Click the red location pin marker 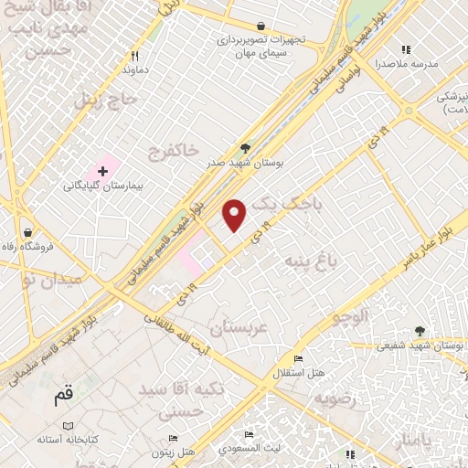tap(236, 214)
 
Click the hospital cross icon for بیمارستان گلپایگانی tap(102, 171)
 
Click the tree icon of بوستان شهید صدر tap(244, 147)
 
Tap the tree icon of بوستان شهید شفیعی tap(420, 331)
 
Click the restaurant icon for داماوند tap(134, 55)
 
